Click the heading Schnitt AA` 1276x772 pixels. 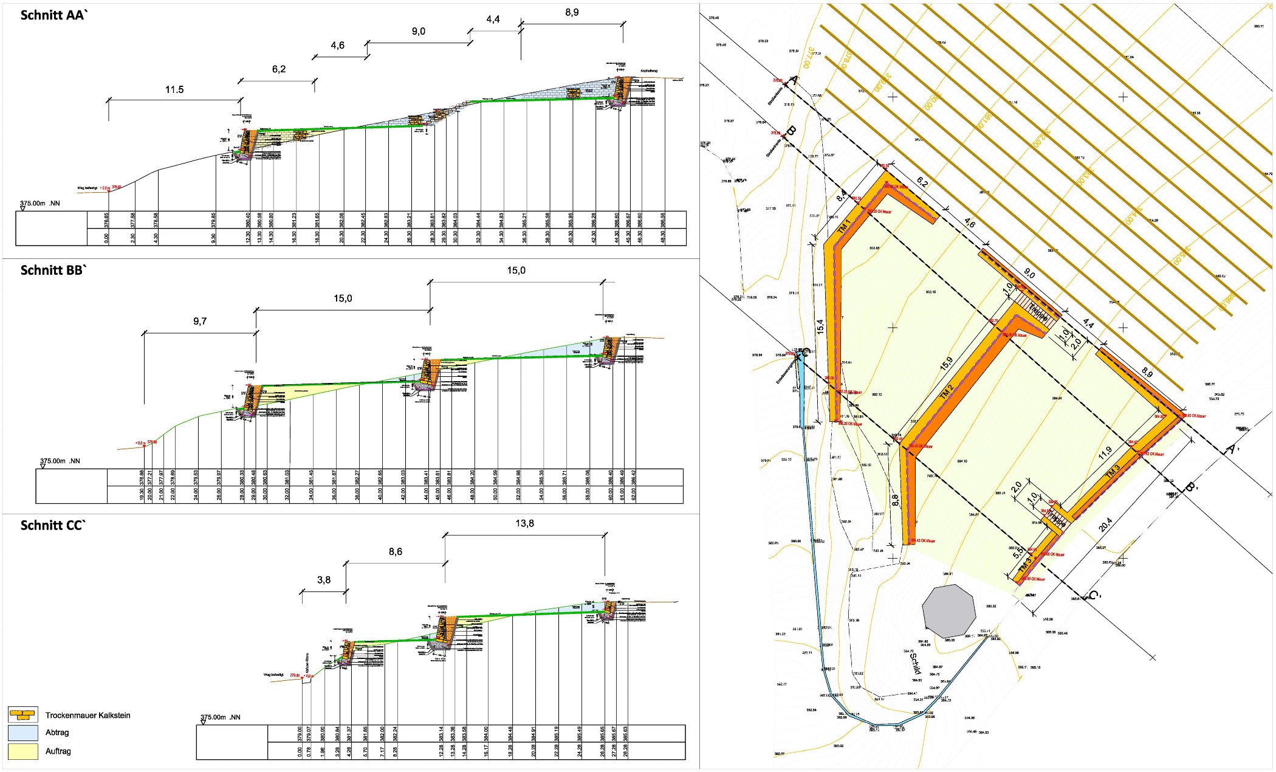coord(54,15)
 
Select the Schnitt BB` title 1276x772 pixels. coord(53,271)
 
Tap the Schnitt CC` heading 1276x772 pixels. coord(53,525)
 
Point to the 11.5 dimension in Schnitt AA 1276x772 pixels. coord(174,90)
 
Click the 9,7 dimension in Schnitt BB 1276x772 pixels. coord(200,321)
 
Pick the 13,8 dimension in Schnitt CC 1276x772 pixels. coord(524,523)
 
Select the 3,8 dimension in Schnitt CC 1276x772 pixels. coord(324,580)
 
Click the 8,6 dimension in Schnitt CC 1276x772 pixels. coord(396,551)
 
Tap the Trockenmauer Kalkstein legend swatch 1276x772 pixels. coord(23,714)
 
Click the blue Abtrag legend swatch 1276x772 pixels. coord(23,732)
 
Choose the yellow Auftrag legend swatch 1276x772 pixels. coord(23,751)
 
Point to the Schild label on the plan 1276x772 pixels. coord(914,663)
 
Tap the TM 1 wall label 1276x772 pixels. coord(844,227)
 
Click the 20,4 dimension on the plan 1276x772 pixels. coord(1105,525)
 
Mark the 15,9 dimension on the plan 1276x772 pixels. coord(947,364)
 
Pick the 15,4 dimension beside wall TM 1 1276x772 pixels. coord(820,326)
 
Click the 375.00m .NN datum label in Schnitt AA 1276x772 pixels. coord(40,204)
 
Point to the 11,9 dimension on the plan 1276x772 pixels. coord(1105,452)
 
